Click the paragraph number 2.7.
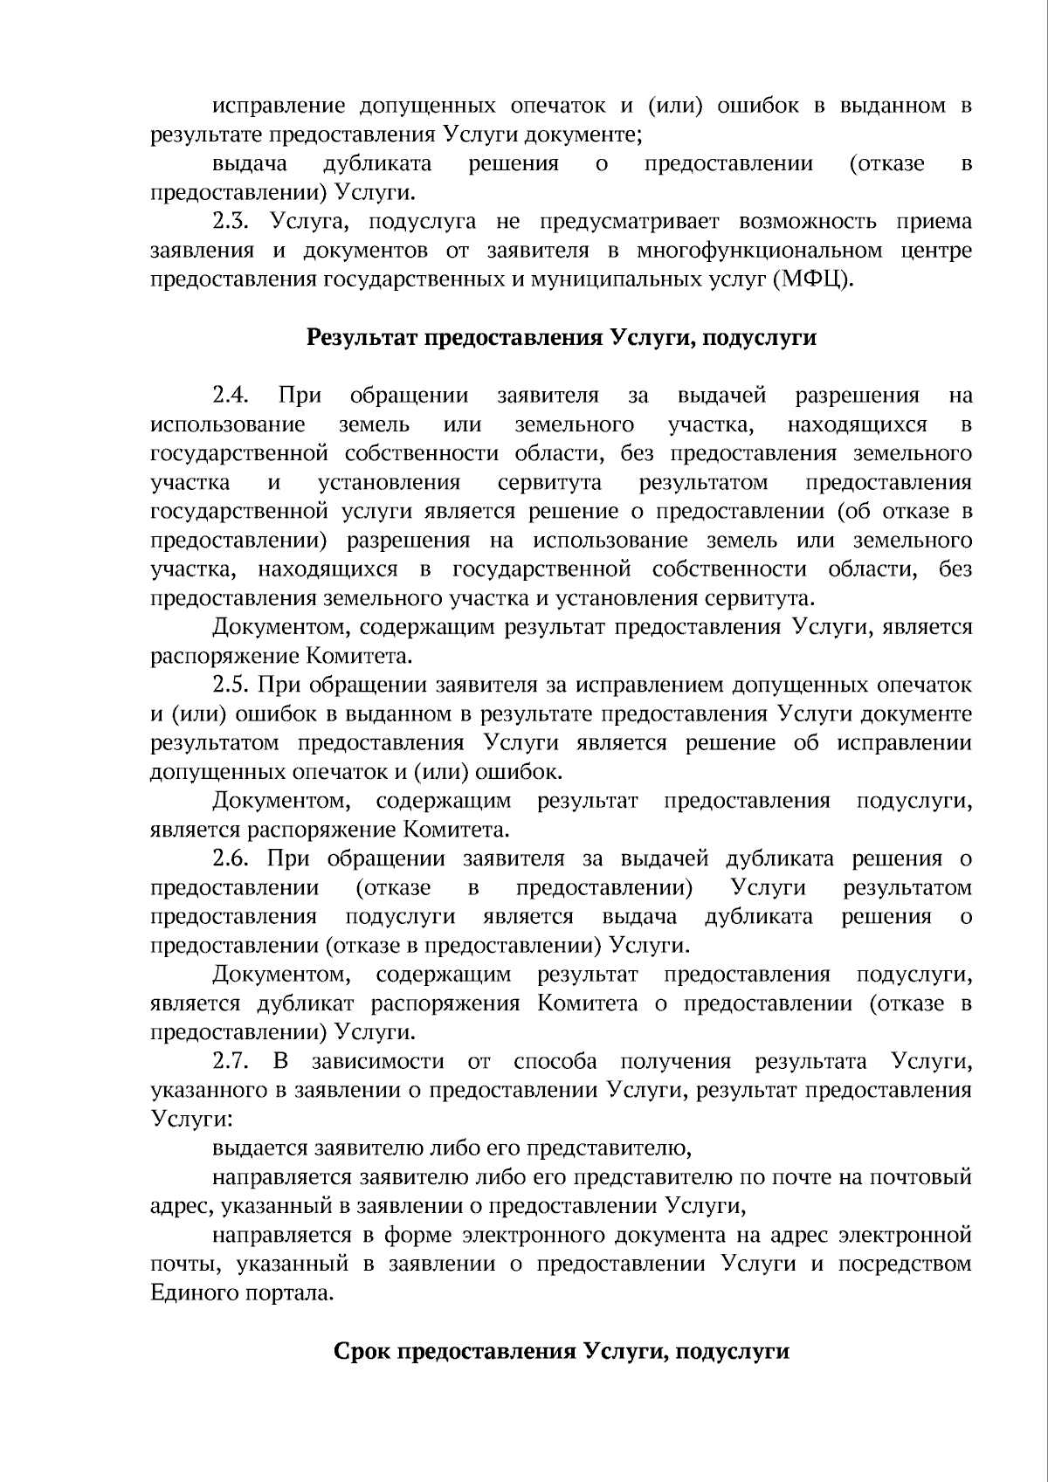tap(233, 1061)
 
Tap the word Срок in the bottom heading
tap(362, 1351)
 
